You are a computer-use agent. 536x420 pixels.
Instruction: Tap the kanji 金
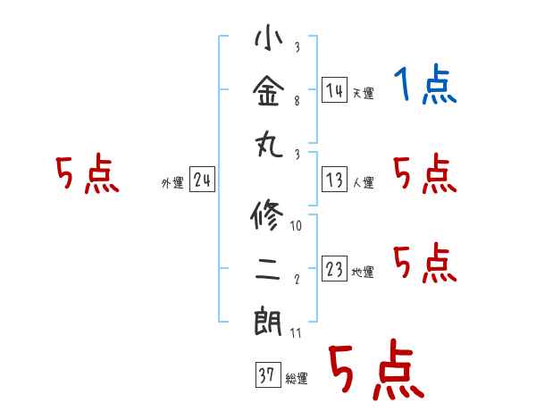[269, 90]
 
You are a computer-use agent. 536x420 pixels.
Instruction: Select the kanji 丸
[270, 145]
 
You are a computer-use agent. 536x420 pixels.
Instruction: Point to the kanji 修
[267, 215]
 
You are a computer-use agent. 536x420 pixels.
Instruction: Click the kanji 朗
[268, 322]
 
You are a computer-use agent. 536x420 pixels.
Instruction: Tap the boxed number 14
[335, 90]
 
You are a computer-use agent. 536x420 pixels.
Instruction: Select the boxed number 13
[335, 180]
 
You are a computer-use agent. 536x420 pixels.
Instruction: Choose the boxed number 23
[335, 268]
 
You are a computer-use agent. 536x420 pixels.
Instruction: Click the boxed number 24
[203, 180]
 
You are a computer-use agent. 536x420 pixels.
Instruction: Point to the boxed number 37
[268, 374]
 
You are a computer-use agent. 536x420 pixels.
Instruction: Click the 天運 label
[364, 93]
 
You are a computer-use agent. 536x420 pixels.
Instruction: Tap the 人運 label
[364, 182]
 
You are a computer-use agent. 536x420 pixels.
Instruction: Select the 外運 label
[172, 182]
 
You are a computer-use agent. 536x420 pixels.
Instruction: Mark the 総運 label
[297, 378]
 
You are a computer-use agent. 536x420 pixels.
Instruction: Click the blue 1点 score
[425, 84]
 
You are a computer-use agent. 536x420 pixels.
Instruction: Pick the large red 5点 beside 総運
[377, 369]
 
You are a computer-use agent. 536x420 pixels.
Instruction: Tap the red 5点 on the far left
[88, 173]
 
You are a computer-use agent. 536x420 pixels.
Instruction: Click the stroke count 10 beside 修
[296, 226]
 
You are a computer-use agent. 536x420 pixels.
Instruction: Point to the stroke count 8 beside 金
[297, 101]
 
